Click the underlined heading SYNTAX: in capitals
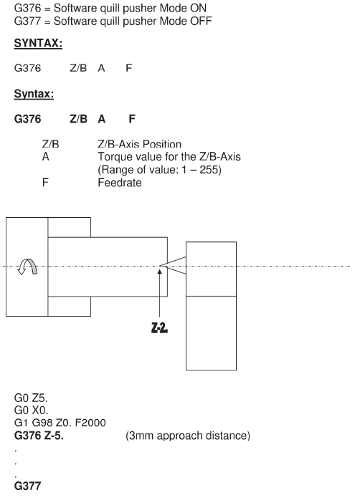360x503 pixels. point(38,43)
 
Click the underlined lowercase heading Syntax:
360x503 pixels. point(34,94)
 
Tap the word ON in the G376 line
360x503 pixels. point(198,8)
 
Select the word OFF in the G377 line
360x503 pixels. point(201,21)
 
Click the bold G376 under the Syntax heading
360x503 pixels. point(28,119)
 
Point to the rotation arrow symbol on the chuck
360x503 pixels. point(27,267)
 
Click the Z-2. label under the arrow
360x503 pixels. point(159,328)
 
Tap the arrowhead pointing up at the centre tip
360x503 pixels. point(160,272)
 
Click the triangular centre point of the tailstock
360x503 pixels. point(173,266)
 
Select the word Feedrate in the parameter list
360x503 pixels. point(120,183)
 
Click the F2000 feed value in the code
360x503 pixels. point(90,423)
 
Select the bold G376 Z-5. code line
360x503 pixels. point(39,436)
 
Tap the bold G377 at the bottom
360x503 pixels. point(28,486)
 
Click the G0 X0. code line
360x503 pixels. point(31,411)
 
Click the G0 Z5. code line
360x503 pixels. point(31,398)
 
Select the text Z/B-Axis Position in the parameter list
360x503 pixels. point(139,144)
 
